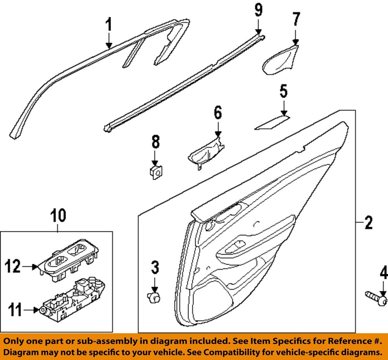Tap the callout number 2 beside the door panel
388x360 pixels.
tap(368, 223)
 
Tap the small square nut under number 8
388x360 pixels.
tap(156, 171)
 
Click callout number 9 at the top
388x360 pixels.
tap(258, 9)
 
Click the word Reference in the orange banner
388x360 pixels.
tap(342, 341)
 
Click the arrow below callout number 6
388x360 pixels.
tap(218, 127)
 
